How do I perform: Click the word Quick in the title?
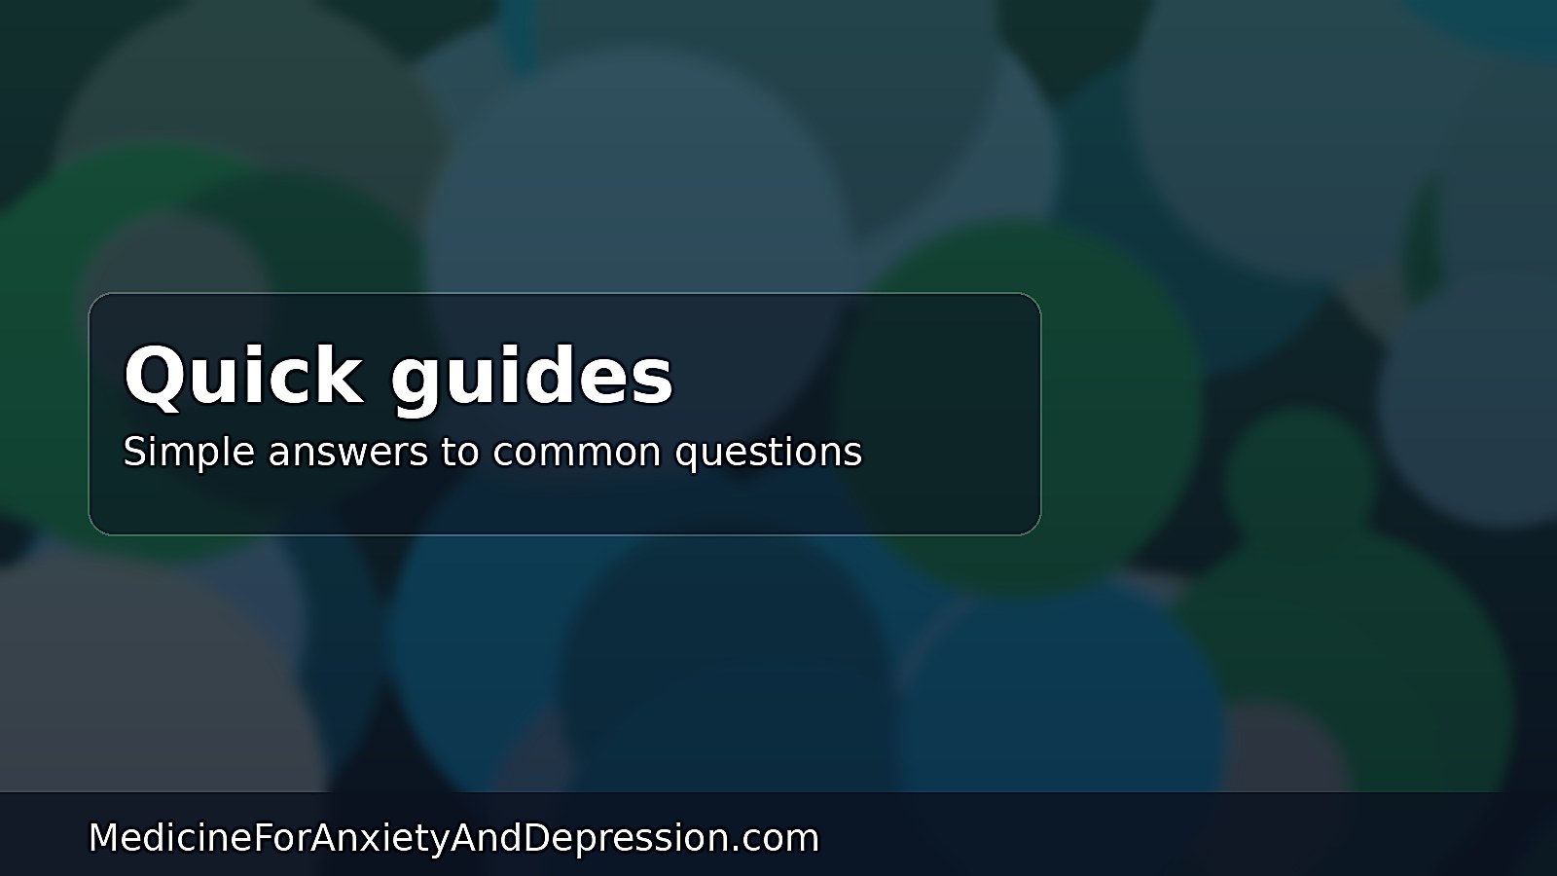click(x=243, y=376)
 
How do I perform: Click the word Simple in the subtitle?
click(x=189, y=452)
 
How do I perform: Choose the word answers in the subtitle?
click(x=348, y=454)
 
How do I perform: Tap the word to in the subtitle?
click(x=460, y=452)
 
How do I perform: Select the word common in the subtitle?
click(x=577, y=454)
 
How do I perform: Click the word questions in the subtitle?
click(x=769, y=454)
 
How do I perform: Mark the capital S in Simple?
click(x=134, y=451)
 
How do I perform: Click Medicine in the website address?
click(x=169, y=837)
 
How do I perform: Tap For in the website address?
click(x=281, y=837)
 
